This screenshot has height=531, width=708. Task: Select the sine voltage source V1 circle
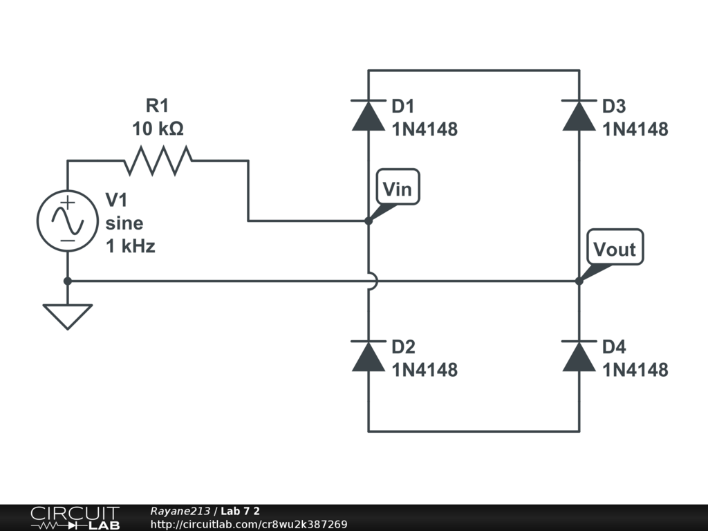(68, 221)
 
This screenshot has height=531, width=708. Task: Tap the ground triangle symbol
(68, 316)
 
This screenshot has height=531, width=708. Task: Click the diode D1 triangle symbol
(368, 115)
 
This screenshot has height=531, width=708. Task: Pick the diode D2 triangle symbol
(368, 356)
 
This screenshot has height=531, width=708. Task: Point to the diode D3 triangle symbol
(579, 115)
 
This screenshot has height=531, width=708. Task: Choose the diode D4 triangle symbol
(579, 356)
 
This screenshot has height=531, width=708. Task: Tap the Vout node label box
(615, 248)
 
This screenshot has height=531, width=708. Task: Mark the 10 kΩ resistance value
(158, 129)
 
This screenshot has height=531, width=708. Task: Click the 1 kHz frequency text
(131, 246)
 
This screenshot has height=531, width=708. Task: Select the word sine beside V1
(124, 223)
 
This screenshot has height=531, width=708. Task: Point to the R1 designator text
(157, 106)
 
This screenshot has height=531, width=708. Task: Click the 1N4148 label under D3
(635, 129)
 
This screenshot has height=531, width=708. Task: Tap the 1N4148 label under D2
(424, 370)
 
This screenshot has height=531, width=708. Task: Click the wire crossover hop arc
(372, 281)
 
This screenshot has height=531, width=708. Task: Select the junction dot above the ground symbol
(68, 281)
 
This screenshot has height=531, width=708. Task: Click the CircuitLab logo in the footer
(74, 518)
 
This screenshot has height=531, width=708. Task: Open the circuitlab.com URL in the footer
(248, 525)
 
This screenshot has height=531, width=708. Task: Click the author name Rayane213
(180, 511)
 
